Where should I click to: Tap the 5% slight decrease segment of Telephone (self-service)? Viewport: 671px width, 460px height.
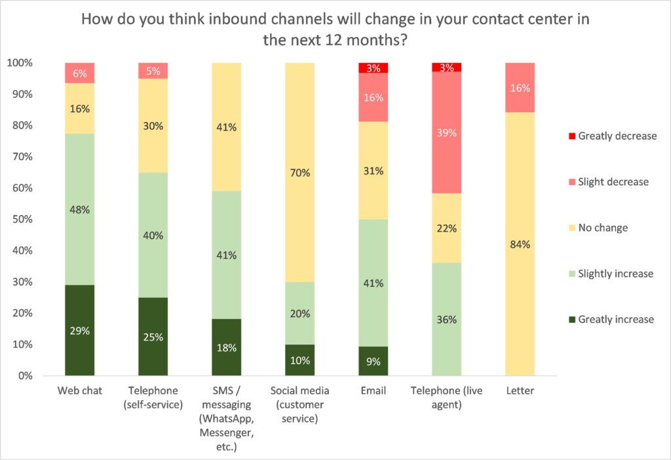click(x=153, y=71)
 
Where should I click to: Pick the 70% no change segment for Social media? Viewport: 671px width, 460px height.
click(x=300, y=173)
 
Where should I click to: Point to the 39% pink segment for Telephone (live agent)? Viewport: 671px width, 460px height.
click(x=447, y=133)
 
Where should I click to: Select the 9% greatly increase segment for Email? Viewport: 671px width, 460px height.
click(x=374, y=360)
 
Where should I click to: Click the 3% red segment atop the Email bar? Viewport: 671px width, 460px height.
click(x=374, y=68)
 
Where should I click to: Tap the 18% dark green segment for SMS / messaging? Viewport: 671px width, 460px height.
click(x=227, y=347)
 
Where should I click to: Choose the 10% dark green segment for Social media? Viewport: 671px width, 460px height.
click(x=300, y=360)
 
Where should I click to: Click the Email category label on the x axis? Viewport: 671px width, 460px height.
click(x=374, y=391)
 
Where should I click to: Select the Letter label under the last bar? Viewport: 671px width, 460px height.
click(x=520, y=391)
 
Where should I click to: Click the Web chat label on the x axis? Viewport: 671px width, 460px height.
click(x=79, y=391)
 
